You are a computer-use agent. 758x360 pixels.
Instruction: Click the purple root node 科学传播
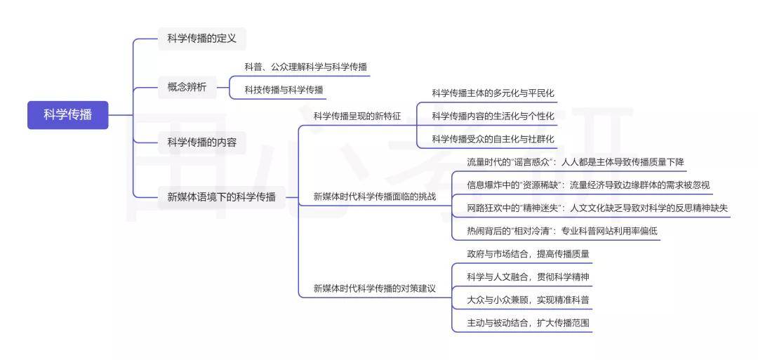coord(67,115)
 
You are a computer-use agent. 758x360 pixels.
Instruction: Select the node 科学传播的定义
coord(202,39)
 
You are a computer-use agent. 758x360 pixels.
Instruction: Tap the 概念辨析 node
coord(187,88)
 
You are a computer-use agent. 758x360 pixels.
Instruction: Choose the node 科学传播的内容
coord(202,142)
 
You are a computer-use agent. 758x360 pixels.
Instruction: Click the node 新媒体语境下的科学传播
coord(221,197)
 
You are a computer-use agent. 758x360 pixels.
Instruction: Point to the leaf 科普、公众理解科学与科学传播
coord(305,67)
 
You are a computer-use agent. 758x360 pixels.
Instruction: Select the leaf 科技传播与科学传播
coord(284,89)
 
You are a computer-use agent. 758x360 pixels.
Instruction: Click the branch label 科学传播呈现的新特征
coord(357,116)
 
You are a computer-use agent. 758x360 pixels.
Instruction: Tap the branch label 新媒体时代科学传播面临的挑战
coord(375,196)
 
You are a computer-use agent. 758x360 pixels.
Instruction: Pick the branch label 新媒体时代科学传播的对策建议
coord(375,289)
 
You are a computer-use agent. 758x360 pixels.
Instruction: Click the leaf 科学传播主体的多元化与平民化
coord(493,93)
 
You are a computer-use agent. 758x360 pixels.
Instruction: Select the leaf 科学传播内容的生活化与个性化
coord(493,116)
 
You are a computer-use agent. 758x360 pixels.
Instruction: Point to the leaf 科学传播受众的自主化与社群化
coord(493,139)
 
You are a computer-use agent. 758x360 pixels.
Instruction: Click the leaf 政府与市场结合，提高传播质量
coord(528,254)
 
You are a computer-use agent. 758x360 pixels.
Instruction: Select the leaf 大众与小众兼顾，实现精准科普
coord(528,300)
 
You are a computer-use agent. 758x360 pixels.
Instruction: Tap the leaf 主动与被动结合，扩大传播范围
coord(528,324)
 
